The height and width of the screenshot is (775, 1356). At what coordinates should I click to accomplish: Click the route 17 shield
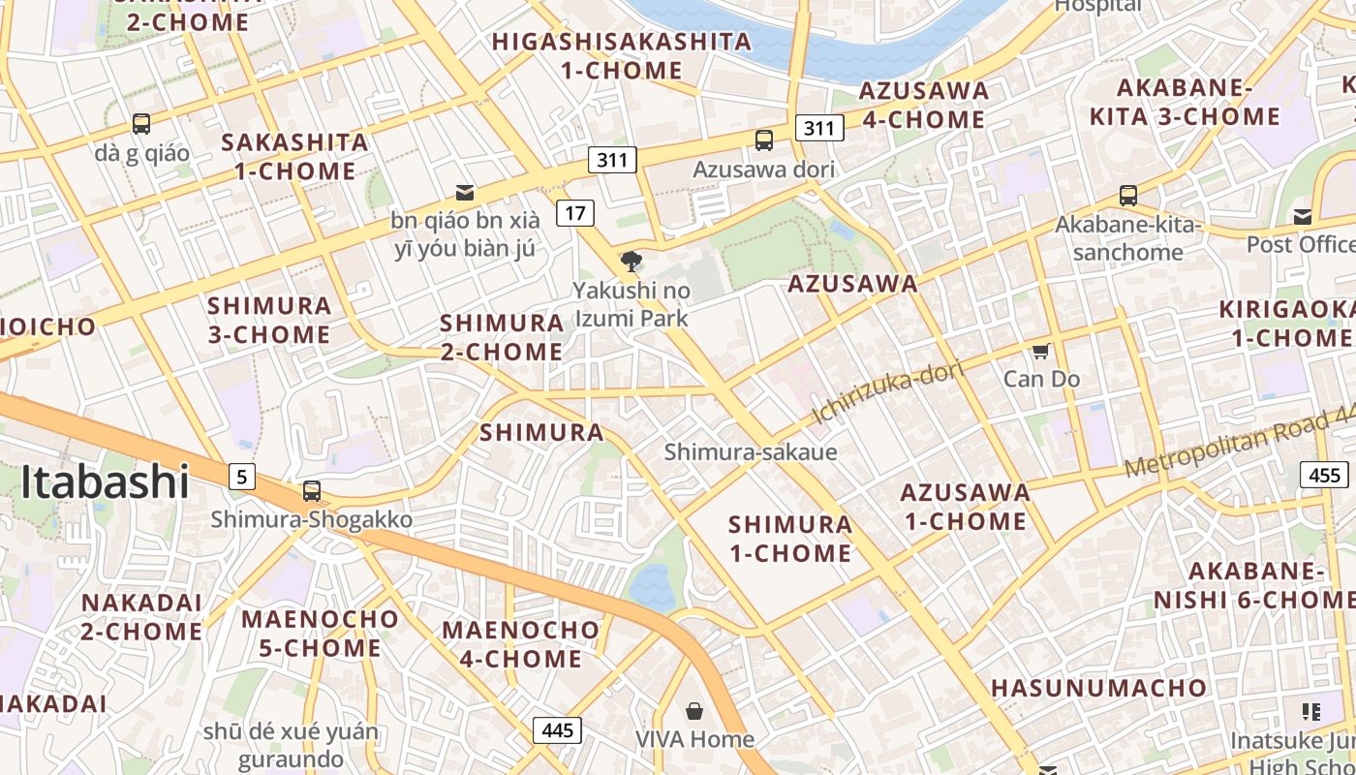(x=575, y=212)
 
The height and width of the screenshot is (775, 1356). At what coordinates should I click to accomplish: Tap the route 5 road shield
(x=242, y=476)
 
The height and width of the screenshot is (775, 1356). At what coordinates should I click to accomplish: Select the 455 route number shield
(x=1324, y=475)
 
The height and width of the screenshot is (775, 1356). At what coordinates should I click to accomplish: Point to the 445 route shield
(x=557, y=729)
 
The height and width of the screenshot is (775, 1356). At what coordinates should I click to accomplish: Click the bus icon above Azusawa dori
(x=764, y=140)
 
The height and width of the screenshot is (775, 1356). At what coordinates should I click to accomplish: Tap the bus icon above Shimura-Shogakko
(x=311, y=491)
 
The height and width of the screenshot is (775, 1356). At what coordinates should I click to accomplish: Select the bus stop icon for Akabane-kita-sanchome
(x=1128, y=195)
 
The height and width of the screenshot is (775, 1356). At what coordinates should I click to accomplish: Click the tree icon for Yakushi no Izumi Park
(x=632, y=261)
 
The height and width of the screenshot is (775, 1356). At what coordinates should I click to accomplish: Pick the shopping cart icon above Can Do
(x=1041, y=351)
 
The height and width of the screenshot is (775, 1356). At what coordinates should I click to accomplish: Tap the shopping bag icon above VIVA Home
(x=694, y=712)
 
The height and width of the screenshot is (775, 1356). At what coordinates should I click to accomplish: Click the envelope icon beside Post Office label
(x=1303, y=216)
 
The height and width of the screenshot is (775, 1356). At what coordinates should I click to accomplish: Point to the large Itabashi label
(x=105, y=481)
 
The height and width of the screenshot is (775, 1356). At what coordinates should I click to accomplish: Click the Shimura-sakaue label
(x=751, y=451)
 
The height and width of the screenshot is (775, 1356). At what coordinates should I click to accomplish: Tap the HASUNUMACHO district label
(x=1098, y=689)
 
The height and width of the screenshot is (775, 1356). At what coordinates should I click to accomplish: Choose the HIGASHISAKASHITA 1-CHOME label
(x=622, y=56)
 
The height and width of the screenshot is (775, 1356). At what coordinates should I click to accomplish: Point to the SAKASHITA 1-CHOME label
(x=294, y=157)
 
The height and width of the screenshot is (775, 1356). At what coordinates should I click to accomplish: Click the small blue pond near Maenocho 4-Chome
(x=652, y=587)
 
